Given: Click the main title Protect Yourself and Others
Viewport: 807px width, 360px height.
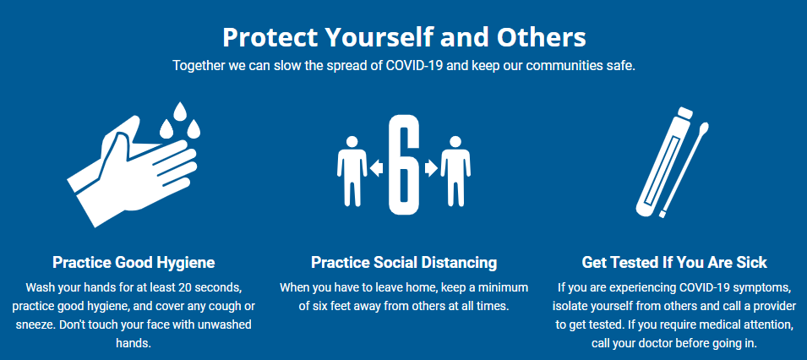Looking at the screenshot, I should pos(403,37).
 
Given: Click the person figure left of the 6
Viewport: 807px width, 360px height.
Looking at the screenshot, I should pos(351,171).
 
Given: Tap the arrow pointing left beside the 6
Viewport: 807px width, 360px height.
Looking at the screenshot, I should pos(377,169).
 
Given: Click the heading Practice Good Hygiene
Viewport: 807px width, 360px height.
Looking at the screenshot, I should pos(134,262).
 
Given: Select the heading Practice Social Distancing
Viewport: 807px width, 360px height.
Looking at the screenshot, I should pos(403,262).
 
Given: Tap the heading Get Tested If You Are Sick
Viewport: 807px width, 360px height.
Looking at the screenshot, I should pos(674,262).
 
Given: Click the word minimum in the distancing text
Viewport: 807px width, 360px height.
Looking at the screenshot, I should pos(504,287).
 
